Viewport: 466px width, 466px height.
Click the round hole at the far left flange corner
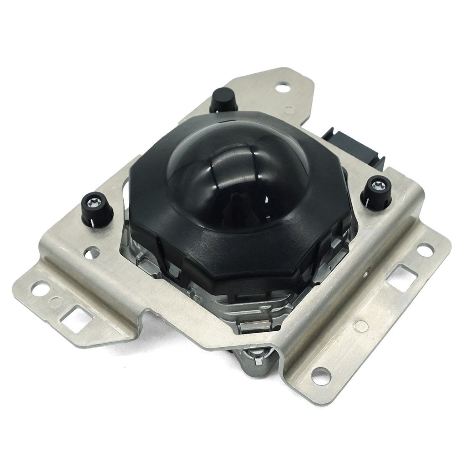click(41, 288)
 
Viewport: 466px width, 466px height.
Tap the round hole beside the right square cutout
click(425, 250)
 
